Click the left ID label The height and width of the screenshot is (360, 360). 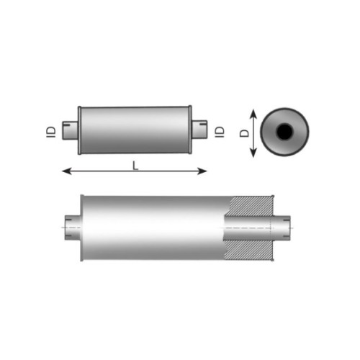51,132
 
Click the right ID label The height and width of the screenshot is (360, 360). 220,132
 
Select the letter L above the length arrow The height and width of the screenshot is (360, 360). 135,166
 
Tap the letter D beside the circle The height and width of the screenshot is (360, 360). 245,133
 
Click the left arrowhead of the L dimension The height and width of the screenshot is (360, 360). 67,171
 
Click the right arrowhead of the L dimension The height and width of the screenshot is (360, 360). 202,171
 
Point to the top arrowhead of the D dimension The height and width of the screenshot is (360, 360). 253,114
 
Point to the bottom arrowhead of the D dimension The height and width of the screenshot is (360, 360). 253,153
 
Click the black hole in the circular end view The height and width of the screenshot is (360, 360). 284,132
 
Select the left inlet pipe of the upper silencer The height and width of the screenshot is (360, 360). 70,130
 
